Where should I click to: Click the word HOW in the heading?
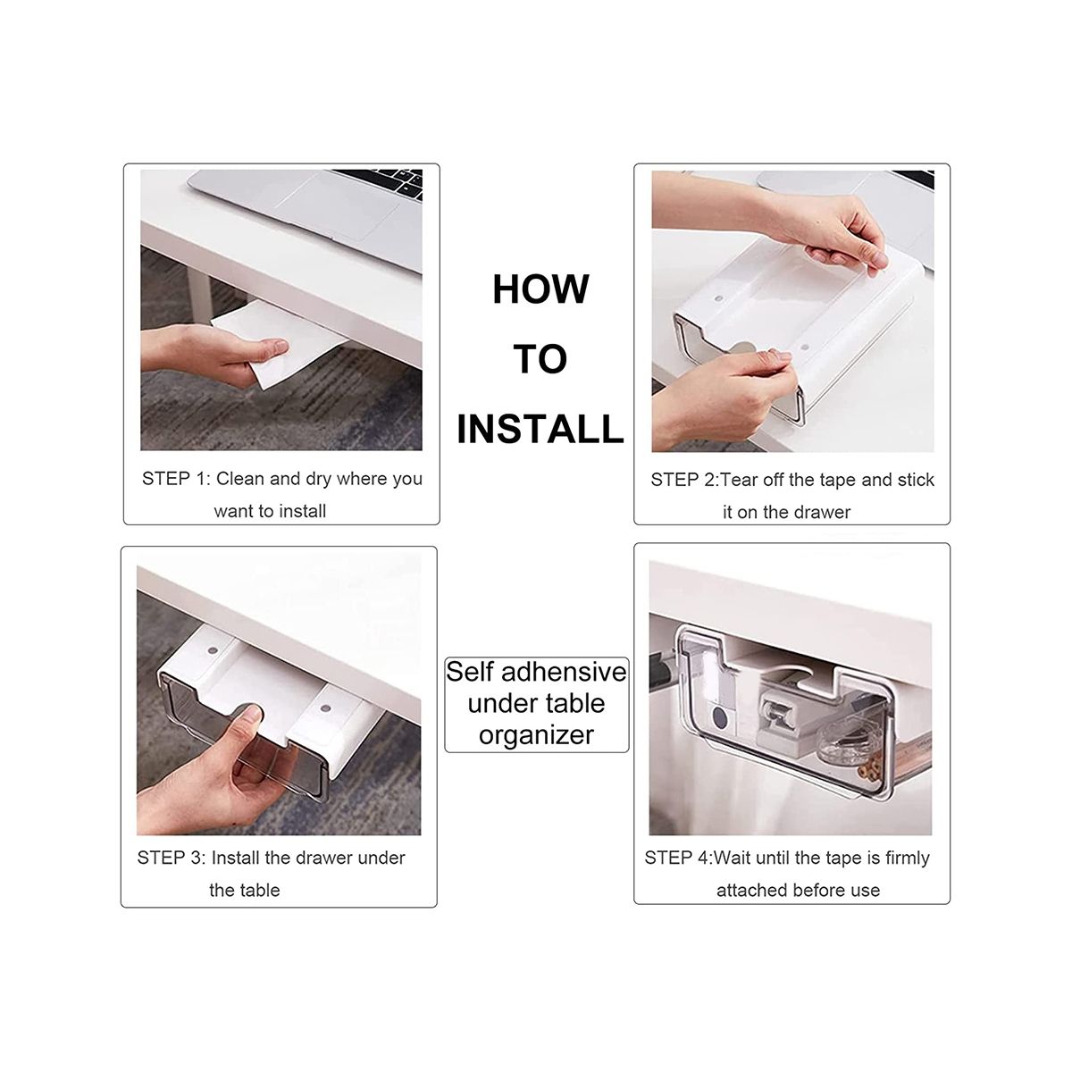pyautogui.click(x=540, y=289)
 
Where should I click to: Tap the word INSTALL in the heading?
pyautogui.click(x=540, y=429)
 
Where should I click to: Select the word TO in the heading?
pyautogui.click(x=540, y=359)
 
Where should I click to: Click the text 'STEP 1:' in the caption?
pyautogui.click(x=176, y=479)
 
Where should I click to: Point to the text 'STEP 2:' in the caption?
pyautogui.click(x=685, y=480)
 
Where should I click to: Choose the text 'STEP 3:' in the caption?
pyautogui.click(x=172, y=858)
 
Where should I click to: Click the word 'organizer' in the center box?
pyautogui.click(x=536, y=736)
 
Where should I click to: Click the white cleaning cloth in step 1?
pyautogui.click(x=272, y=340)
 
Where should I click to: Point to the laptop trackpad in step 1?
pyautogui.click(x=338, y=205)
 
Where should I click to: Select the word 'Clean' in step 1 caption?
pyautogui.click(x=240, y=479)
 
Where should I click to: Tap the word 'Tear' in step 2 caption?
pyautogui.click(x=740, y=480)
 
